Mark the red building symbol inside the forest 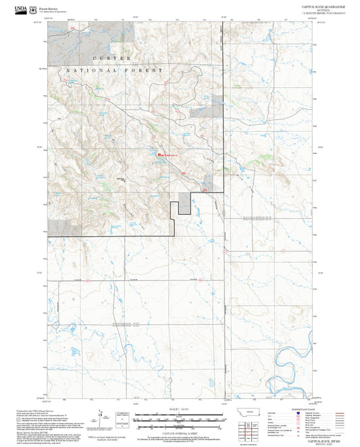coord(159,155)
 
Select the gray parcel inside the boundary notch coord(184,203)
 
